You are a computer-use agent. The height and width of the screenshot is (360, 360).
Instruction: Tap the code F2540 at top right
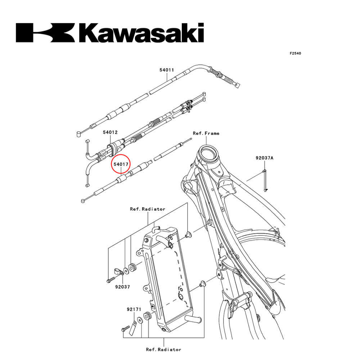coord(295,53)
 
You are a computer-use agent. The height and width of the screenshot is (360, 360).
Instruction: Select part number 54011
coord(167,70)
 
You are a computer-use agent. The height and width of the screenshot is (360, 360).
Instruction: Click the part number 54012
coord(110,132)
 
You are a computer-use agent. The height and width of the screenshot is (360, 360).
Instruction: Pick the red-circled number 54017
coord(121,164)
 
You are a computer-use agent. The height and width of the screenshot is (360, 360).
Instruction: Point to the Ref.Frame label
coord(206,133)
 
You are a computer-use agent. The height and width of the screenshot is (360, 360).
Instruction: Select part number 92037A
coord(265,158)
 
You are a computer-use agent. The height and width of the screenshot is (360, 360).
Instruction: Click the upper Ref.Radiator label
coord(148,209)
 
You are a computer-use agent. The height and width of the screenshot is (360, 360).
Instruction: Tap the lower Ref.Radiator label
coord(163,349)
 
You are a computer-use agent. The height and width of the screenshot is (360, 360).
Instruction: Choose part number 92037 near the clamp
coord(122,287)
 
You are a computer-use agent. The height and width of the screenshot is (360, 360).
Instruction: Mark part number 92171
coord(134,309)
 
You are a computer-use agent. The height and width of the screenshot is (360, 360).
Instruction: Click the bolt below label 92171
coord(125,328)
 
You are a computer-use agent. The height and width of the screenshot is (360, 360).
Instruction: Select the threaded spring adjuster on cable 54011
coord(217,73)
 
